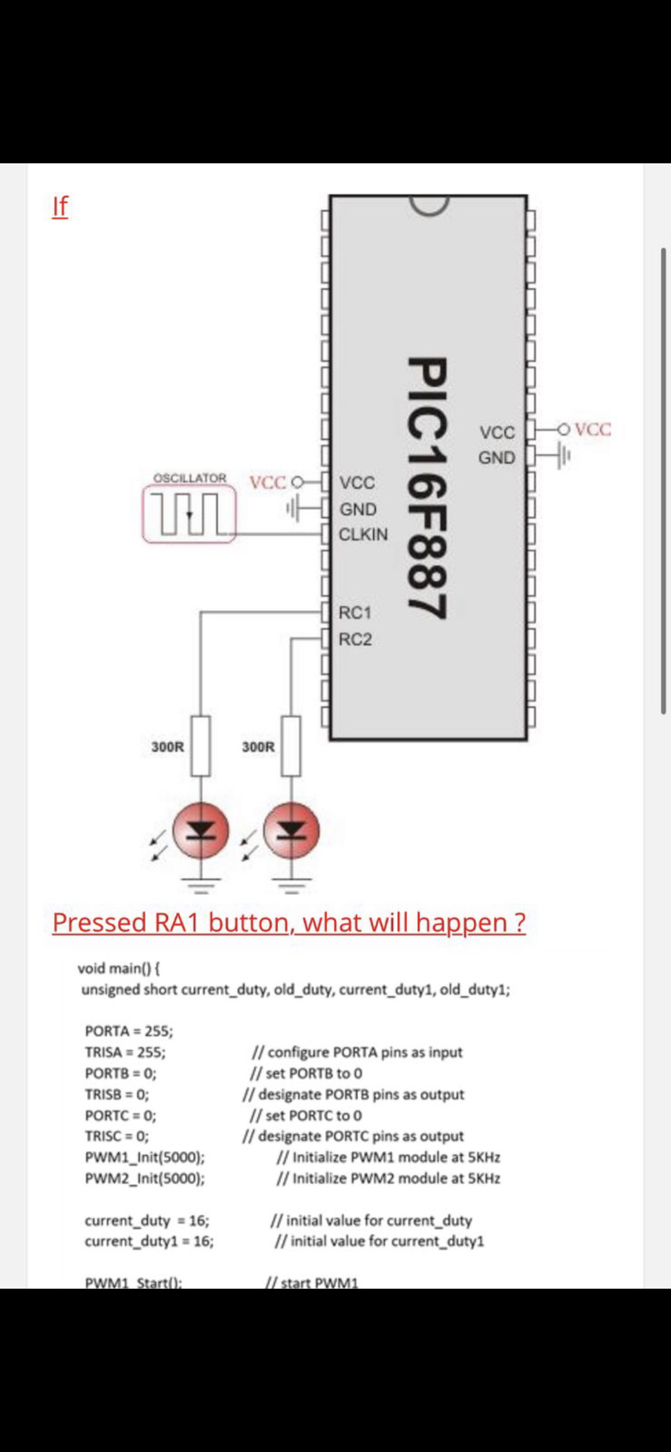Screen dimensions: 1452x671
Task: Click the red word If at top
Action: (x=60, y=206)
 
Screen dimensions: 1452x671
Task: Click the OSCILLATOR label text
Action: (x=190, y=478)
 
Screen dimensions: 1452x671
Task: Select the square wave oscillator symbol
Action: (x=189, y=513)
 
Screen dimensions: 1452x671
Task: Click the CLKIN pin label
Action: (x=363, y=534)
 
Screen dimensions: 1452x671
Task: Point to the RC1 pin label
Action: (x=355, y=612)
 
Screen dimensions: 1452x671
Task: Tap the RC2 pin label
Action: (x=355, y=640)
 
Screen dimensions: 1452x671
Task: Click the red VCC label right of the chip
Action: (x=593, y=429)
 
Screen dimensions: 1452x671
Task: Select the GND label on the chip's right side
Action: (x=496, y=458)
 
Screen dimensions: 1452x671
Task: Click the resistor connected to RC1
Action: (x=200, y=746)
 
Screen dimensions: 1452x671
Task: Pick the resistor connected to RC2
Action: (x=290, y=746)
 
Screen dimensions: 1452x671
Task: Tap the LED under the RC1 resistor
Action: (x=200, y=830)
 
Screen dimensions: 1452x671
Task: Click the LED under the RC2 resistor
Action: (x=291, y=830)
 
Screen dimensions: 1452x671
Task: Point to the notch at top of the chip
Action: (x=428, y=205)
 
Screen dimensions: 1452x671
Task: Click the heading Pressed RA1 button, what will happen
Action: (x=289, y=922)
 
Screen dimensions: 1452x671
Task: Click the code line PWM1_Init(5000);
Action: (x=145, y=1157)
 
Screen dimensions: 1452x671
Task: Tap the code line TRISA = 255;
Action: (x=125, y=1052)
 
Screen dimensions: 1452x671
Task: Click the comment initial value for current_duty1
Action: (x=379, y=1241)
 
